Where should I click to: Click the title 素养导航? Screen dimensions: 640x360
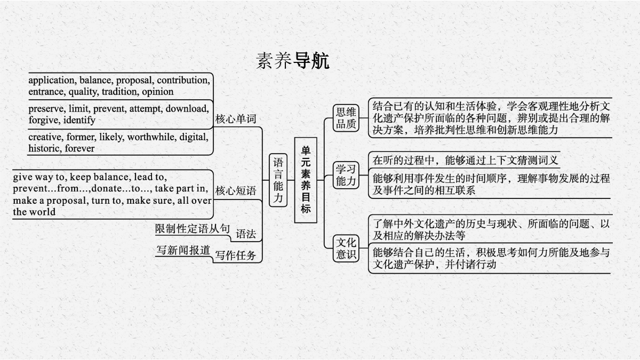tap(293, 61)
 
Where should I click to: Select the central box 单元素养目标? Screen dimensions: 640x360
tap(306, 180)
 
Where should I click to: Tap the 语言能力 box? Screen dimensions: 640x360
tap(278, 180)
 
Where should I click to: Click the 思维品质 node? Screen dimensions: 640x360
tap(346, 118)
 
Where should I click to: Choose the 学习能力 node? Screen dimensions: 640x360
tap(346, 175)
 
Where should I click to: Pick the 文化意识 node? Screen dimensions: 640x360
tap(346, 249)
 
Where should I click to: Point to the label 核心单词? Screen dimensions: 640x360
tap(235, 119)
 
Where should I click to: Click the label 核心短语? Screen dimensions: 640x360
tap(235, 190)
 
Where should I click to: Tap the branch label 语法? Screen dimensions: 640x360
tap(246, 234)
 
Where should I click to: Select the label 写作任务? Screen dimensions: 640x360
tap(235, 255)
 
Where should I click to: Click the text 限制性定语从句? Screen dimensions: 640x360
tap(193, 229)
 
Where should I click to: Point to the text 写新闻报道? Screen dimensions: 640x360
tap(183, 250)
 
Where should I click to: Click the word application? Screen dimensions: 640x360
tap(52, 81)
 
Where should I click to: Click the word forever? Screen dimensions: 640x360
tap(79, 148)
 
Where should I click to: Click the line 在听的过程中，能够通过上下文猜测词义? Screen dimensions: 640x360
tap(465, 161)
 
